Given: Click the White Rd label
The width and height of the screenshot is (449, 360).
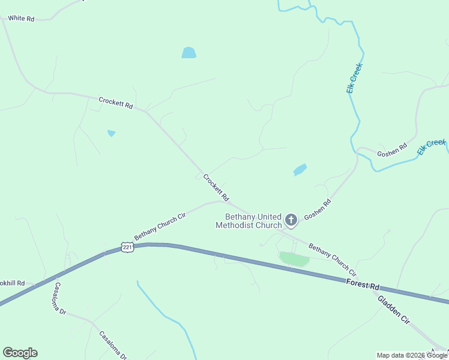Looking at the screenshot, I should [21, 19].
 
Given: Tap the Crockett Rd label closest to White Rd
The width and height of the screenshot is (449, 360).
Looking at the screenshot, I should [115, 103].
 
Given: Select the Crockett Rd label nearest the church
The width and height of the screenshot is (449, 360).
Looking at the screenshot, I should [216, 187].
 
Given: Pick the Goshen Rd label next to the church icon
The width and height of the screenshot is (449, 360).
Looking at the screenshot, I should [317, 209].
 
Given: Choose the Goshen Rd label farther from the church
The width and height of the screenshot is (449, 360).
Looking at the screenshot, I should [392, 150].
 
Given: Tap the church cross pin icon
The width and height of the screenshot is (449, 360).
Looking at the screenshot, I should [291, 220].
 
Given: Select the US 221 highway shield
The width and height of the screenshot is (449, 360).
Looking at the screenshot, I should [126, 247].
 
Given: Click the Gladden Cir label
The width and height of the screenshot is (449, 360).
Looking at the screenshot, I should [394, 310].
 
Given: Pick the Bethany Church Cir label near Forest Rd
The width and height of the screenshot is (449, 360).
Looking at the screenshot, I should [333, 259].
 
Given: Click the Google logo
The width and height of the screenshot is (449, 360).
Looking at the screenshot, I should [20, 353].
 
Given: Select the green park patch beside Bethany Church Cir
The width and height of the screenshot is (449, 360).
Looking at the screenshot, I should [294, 259].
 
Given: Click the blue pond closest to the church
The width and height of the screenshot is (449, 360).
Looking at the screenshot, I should [300, 170].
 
